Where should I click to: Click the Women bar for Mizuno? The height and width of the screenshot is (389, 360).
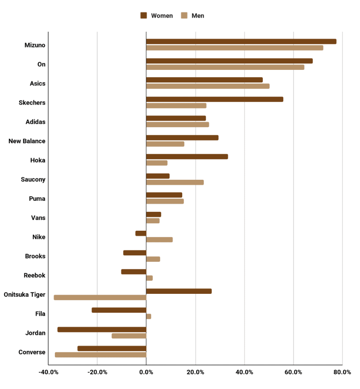241,42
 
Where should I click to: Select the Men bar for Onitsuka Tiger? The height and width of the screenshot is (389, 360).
100,298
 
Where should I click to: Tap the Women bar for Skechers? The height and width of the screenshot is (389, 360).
214,99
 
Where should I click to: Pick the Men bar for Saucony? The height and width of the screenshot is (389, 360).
175,182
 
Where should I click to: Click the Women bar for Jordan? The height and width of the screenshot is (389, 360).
102,330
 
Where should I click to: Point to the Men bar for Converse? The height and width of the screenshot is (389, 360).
101,355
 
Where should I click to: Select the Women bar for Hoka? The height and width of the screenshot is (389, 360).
187,157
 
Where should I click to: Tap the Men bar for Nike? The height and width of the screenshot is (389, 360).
159,240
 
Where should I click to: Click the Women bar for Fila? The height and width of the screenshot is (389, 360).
119,310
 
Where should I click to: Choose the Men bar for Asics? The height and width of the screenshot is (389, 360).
208,86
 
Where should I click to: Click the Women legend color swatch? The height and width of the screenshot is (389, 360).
144,15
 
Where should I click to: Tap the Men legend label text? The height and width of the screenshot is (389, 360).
198,15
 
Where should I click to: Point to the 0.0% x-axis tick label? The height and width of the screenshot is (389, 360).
146,372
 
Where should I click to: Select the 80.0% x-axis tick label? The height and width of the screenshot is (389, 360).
342,372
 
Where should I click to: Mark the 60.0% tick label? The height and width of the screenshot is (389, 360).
293,372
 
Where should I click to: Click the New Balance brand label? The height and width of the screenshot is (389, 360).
27,141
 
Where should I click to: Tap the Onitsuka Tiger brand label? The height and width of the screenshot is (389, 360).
25,295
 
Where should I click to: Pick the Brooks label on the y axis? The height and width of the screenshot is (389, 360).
35,256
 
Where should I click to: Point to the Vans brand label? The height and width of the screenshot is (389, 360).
38,218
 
